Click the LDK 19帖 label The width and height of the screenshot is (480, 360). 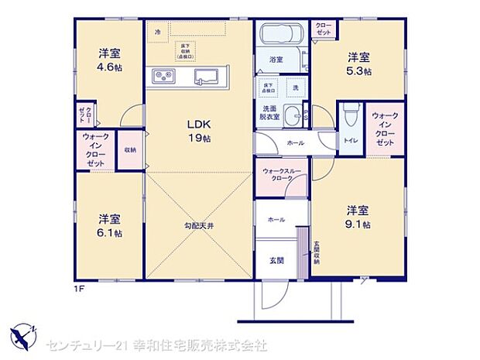[x=198, y=131]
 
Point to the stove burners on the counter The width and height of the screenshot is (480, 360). [x=166, y=76]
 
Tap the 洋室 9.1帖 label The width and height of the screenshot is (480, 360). [x=358, y=217]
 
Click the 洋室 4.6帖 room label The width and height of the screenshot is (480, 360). [x=108, y=60]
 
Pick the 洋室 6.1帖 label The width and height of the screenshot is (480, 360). [x=108, y=225]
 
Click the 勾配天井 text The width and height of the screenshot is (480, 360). [x=198, y=225]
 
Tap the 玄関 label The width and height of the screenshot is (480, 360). [x=276, y=259]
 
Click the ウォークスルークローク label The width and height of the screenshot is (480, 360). [x=283, y=173]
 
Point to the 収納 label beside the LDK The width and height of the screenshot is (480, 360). [x=129, y=150]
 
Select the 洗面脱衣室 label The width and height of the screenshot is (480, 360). [x=269, y=113]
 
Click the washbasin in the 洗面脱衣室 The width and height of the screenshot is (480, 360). [x=293, y=117]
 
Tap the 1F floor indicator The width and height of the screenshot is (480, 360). [x=79, y=289]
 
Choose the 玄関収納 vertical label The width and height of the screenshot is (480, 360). [x=316, y=254]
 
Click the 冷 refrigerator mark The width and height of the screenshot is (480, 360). [x=158, y=32]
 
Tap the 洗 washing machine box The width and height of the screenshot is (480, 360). [x=295, y=87]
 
